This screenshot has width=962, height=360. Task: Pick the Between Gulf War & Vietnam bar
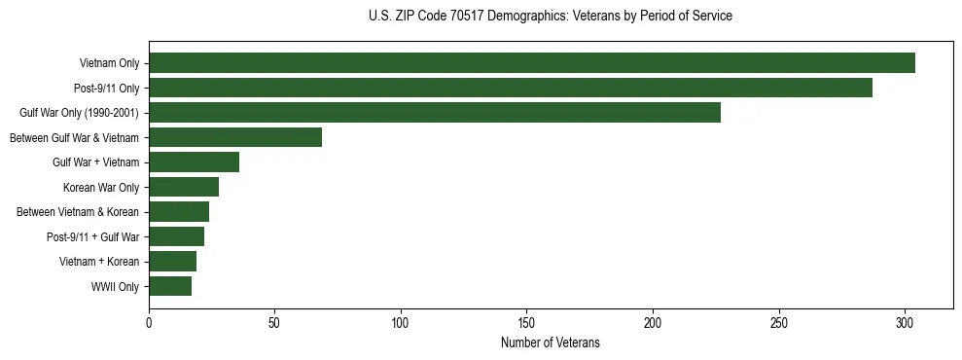(234, 137)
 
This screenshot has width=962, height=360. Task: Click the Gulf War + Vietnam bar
(194, 162)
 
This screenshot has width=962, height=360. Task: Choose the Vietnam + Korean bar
(172, 262)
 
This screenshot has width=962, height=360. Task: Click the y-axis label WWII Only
(115, 287)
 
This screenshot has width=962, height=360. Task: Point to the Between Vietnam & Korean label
(78, 212)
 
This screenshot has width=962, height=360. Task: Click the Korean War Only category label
(101, 188)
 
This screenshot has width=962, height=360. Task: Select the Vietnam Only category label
(109, 64)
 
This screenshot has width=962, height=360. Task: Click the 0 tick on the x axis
(149, 321)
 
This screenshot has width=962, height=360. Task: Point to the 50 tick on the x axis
(274, 321)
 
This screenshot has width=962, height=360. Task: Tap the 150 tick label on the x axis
(526, 321)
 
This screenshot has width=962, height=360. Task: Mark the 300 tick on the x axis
(905, 321)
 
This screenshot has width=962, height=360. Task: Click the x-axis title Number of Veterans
(550, 342)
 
